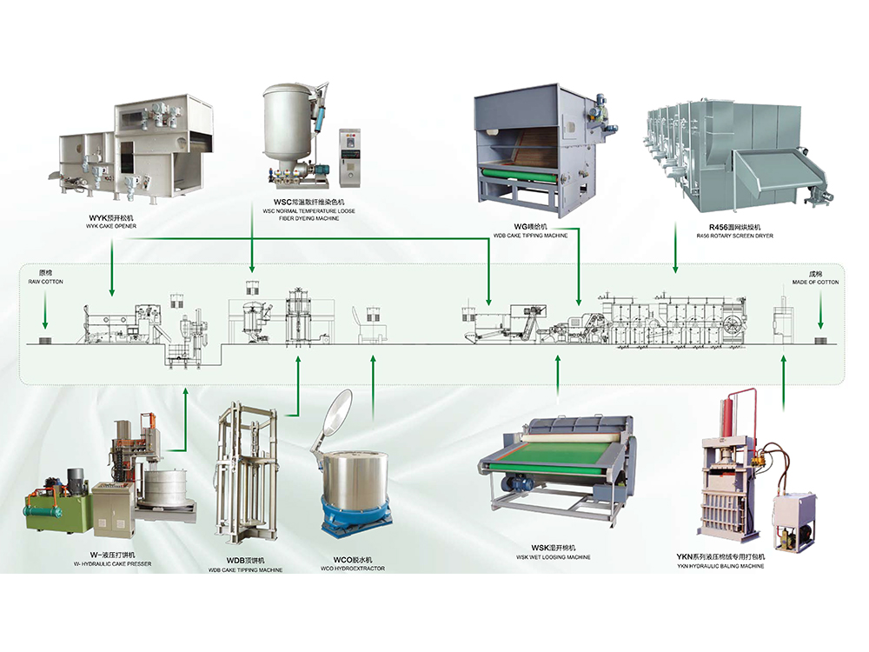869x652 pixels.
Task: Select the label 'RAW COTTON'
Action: pyautogui.click(x=46, y=283)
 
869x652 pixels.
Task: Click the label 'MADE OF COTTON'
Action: pyautogui.click(x=815, y=283)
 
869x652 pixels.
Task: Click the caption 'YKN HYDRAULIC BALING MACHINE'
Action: pyautogui.click(x=720, y=566)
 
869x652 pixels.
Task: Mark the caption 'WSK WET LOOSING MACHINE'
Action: pyautogui.click(x=553, y=556)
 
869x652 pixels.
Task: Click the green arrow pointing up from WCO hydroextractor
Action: pyautogui.click(x=373, y=383)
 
